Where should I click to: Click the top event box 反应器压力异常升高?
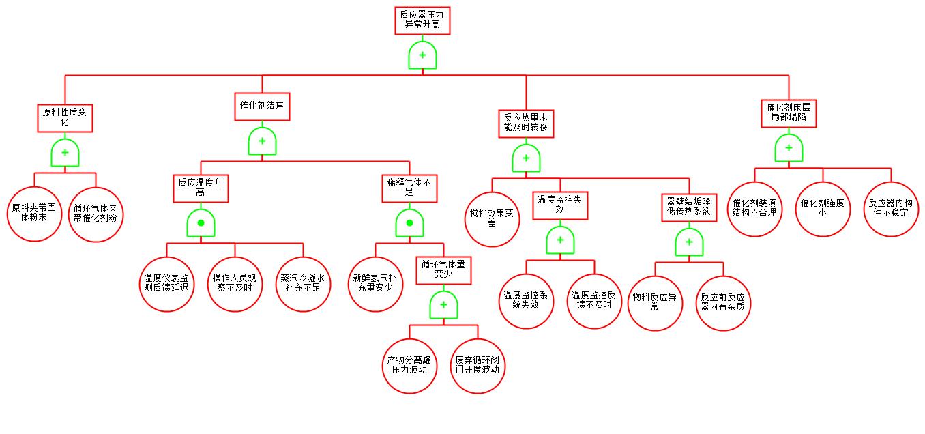pyautogui.click(x=422, y=20)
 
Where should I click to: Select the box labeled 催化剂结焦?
pyautogui.click(x=262, y=106)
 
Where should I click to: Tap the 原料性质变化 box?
pyautogui.click(x=65, y=117)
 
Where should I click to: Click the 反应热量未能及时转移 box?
pyautogui.click(x=526, y=122)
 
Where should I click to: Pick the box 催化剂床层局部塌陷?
pyautogui.click(x=789, y=113)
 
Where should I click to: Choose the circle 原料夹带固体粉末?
pyautogui.click(x=35, y=213)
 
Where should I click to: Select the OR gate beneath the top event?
pyautogui.click(x=422, y=55)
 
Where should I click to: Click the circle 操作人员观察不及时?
pyautogui.click(x=235, y=283)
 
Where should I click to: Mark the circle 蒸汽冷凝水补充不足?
pyautogui.click(x=303, y=283)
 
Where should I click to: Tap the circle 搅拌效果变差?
pyautogui.click(x=492, y=218)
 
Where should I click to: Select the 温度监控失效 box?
pyautogui.click(x=560, y=205)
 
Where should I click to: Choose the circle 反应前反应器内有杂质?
pyautogui.click(x=723, y=302)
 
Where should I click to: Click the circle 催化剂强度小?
pyautogui.click(x=823, y=208)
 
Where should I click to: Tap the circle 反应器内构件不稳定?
pyautogui.click(x=891, y=208)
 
